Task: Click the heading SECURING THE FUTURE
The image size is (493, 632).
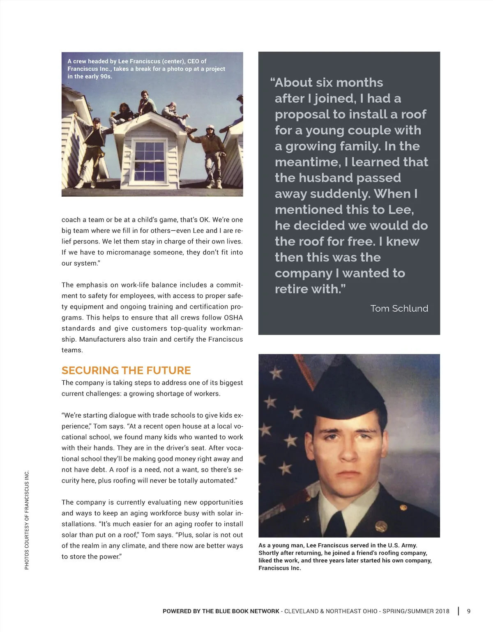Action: click(126, 370)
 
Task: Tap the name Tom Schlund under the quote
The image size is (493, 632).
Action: click(399, 308)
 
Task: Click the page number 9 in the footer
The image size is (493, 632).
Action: click(469, 611)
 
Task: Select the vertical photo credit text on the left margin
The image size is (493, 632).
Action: click(27, 520)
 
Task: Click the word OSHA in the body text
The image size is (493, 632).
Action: click(233, 317)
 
